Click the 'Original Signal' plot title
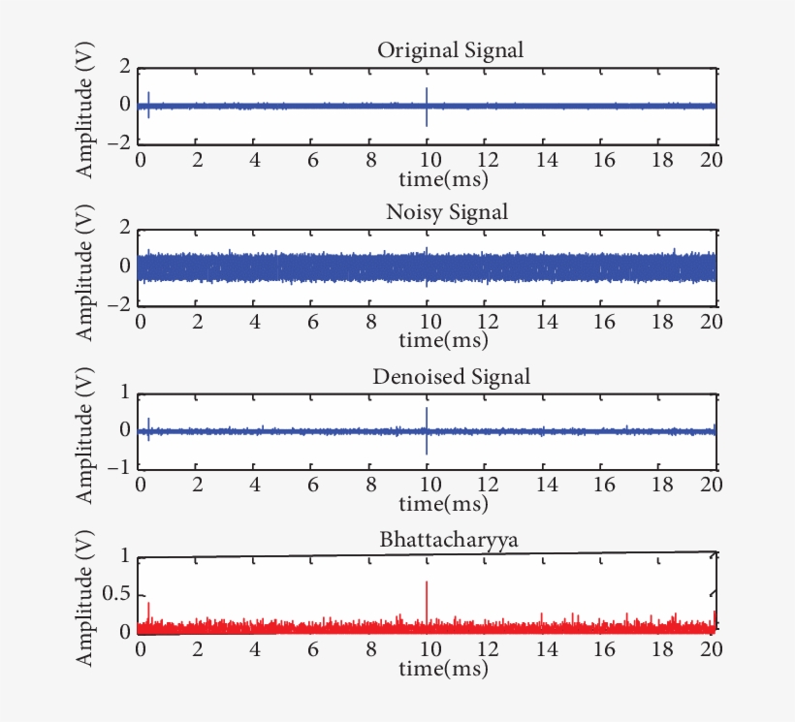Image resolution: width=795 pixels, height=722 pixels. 451,50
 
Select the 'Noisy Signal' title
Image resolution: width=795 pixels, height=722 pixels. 447,211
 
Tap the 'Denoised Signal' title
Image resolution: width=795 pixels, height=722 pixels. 452,377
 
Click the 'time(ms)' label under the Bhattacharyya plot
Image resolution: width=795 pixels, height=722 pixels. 443,669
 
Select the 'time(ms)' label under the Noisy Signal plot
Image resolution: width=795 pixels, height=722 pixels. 443,340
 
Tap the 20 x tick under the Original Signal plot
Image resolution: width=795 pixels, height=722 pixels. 710,160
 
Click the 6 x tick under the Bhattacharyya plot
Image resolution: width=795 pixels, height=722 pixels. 312,649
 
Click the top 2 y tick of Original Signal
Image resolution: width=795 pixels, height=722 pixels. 124,67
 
